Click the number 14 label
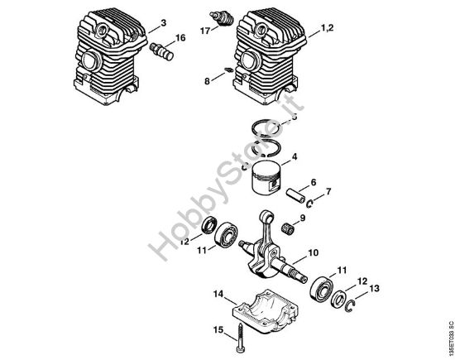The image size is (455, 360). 218,293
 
